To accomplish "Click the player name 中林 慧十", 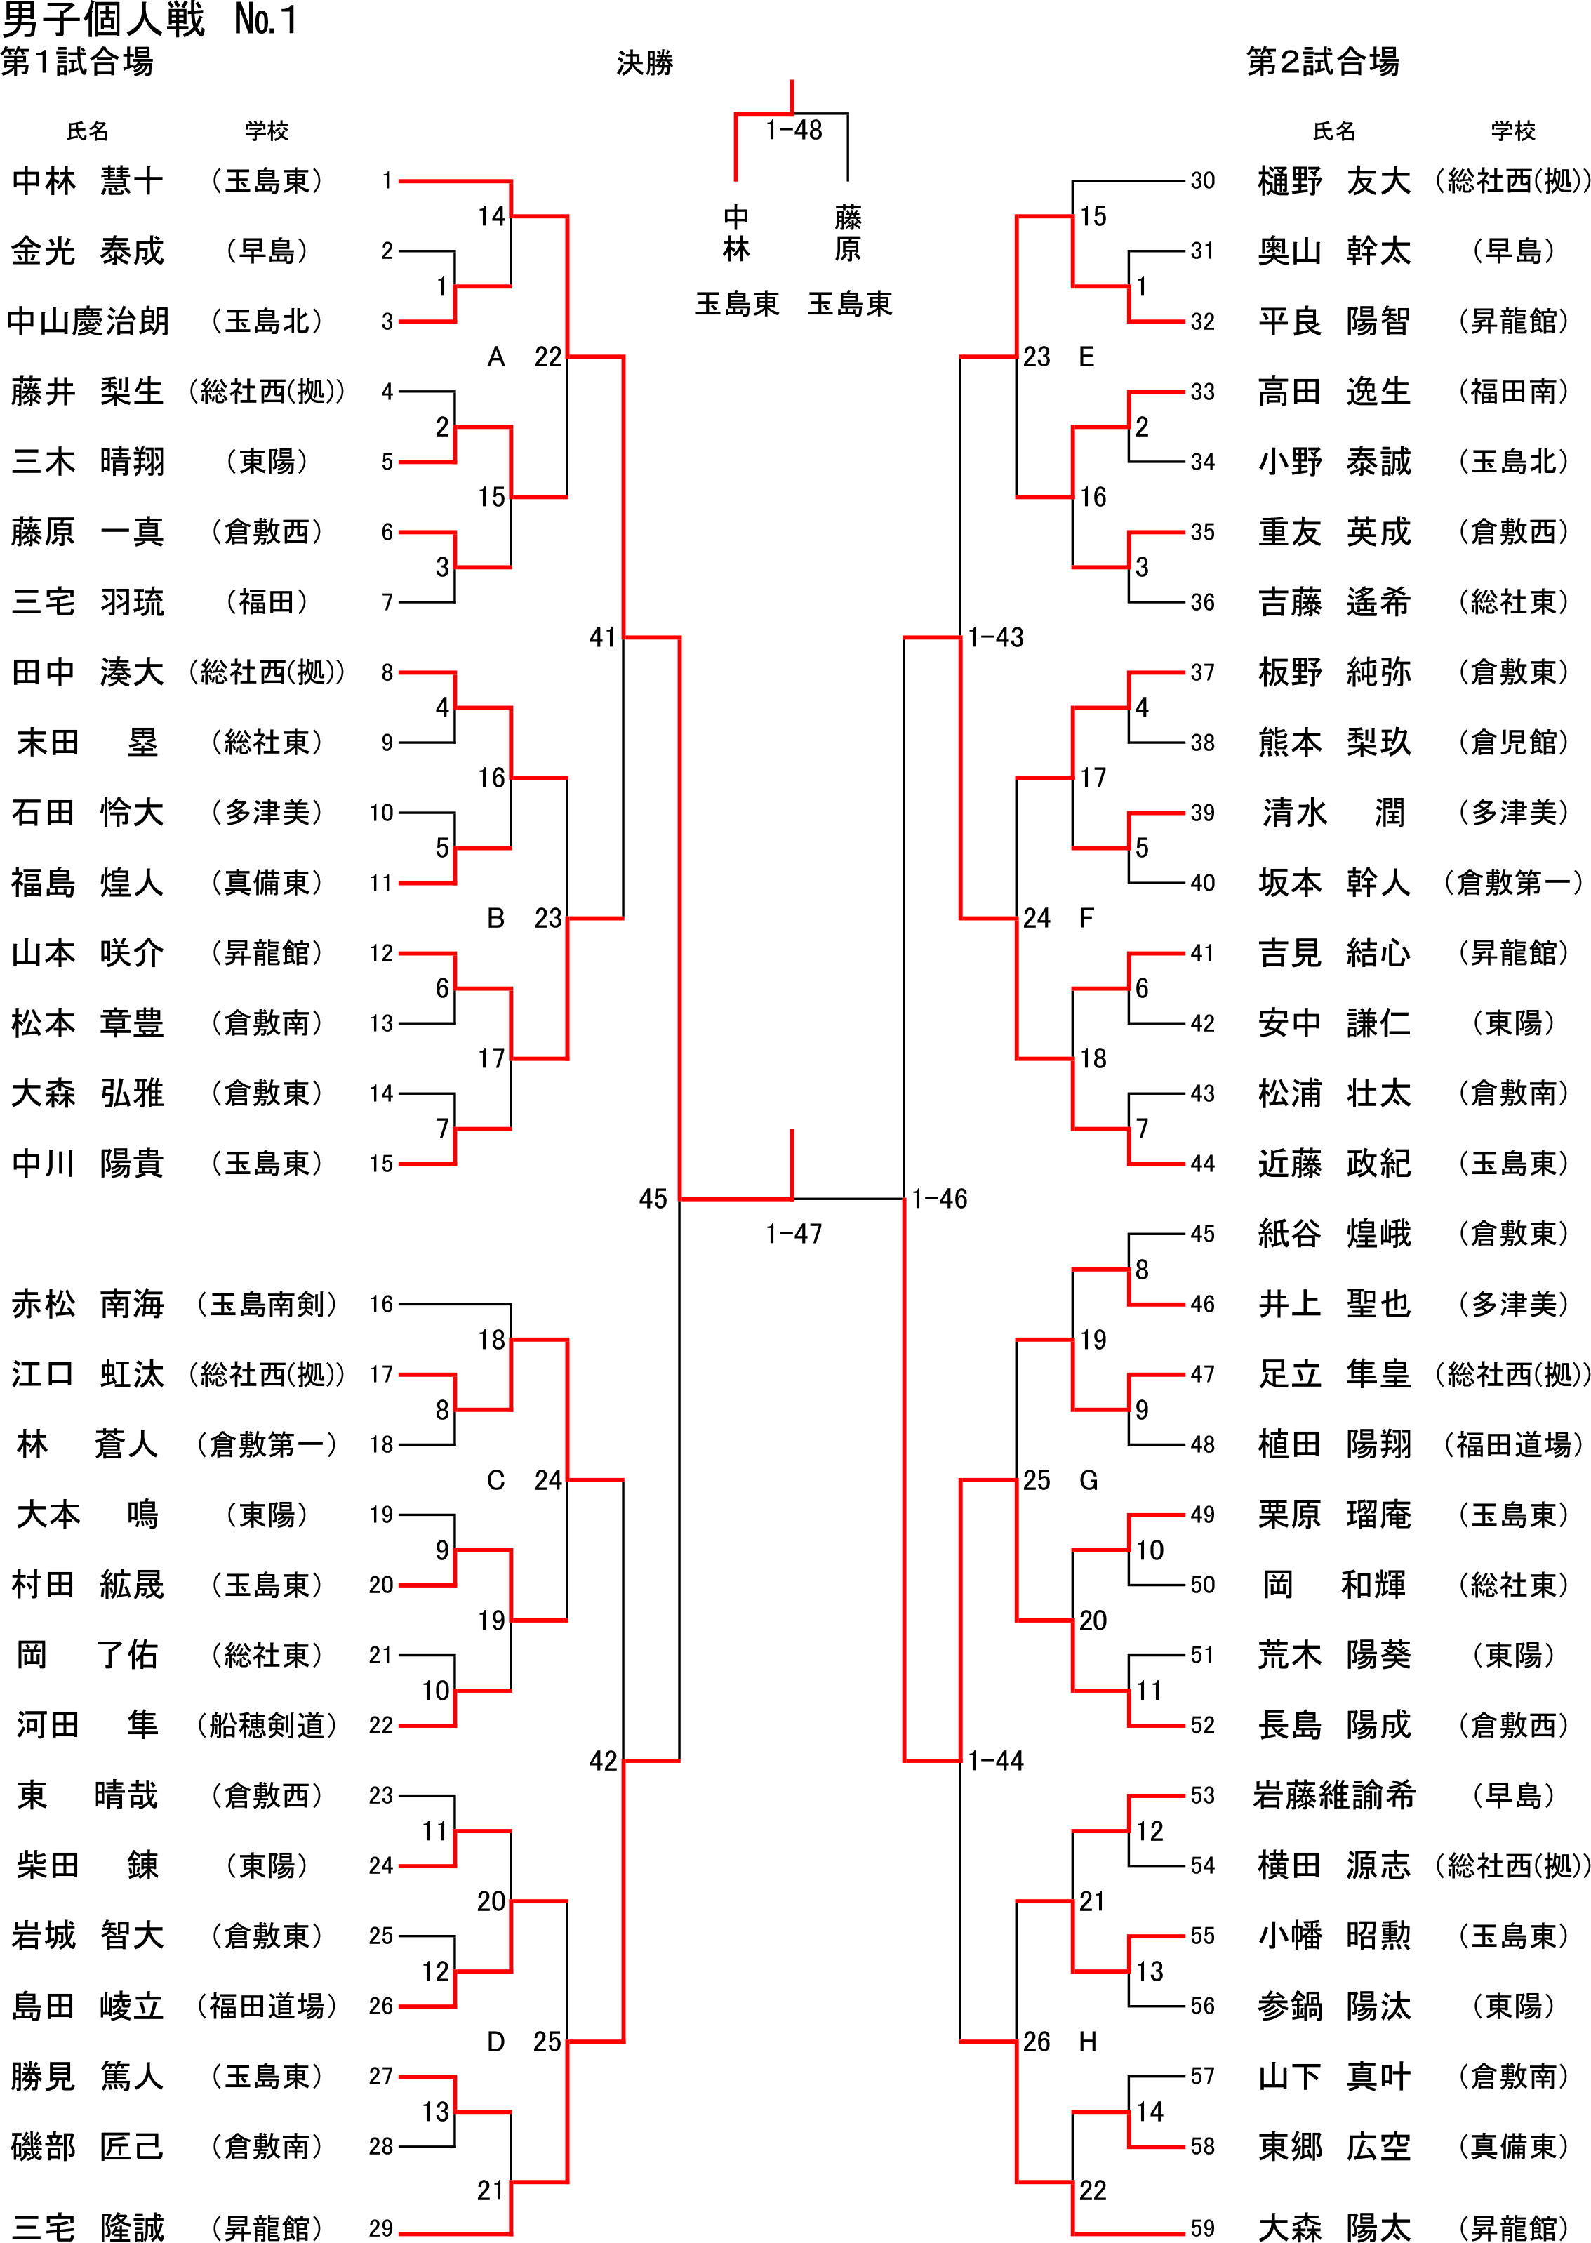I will pyautogui.click(x=87, y=181).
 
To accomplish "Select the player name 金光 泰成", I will pyautogui.click(x=87, y=252).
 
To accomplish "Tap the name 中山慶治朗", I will pyautogui.click(x=87, y=321).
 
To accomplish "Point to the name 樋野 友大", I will pyautogui.click(x=1333, y=181).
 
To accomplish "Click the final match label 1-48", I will pyautogui.click(x=794, y=131).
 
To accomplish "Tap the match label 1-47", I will pyautogui.click(x=794, y=1234).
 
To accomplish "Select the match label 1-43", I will pyautogui.click(x=995, y=638).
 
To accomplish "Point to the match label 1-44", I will pyautogui.click(x=995, y=1761).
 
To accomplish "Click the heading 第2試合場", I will pyautogui.click(x=1323, y=62).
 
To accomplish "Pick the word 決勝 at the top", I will pyautogui.click(x=645, y=64).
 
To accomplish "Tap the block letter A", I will pyautogui.click(x=495, y=357).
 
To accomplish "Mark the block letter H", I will pyautogui.click(x=1086, y=2042).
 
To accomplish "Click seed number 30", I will pyautogui.click(x=1202, y=180).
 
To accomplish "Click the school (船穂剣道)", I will pyautogui.click(x=267, y=1726).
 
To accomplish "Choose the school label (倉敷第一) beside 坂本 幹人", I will pyautogui.click(x=1512, y=884).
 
